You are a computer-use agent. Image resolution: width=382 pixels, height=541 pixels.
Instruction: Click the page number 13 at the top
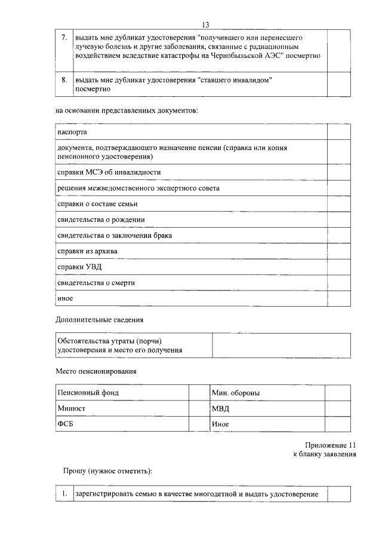[x=205, y=25]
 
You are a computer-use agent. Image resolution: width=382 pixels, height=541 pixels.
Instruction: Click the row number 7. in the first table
[x=64, y=37]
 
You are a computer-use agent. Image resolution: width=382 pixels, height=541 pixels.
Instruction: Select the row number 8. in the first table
[x=64, y=79]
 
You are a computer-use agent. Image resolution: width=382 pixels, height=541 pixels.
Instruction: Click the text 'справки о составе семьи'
[x=93, y=204]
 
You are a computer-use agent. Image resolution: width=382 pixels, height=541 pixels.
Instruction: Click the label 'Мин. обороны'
[x=235, y=393]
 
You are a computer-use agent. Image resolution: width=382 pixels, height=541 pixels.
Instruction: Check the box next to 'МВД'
[x=338, y=408]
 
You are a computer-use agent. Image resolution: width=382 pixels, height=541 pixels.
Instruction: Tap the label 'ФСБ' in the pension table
[x=64, y=424]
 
